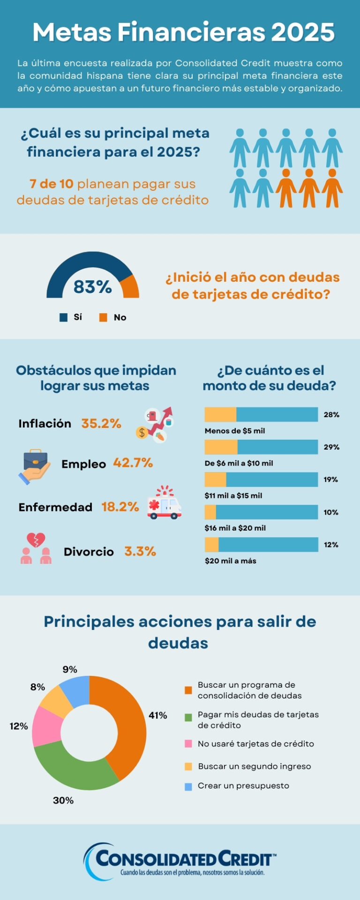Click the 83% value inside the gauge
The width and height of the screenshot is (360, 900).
coord(92,286)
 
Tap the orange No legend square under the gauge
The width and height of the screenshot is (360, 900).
coord(103,317)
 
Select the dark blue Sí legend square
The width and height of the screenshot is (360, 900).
coord(63,317)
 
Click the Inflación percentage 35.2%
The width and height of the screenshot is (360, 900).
coord(101,423)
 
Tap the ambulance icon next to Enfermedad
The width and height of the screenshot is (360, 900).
coord(164,503)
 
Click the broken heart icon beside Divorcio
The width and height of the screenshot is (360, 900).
coord(36,540)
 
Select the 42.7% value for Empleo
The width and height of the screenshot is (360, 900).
coord(133,463)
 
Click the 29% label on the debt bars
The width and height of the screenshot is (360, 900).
coord(331,447)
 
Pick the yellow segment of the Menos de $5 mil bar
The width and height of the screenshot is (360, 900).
coord(220,415)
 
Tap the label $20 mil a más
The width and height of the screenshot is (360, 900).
coord(231,561)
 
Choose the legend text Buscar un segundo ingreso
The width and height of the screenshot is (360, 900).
coord(254,766)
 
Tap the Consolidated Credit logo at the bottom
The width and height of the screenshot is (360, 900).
coord(180,861)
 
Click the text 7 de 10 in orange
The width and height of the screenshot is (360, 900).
coord(52,184)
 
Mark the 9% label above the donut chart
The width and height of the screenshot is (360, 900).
coord(70,669)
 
